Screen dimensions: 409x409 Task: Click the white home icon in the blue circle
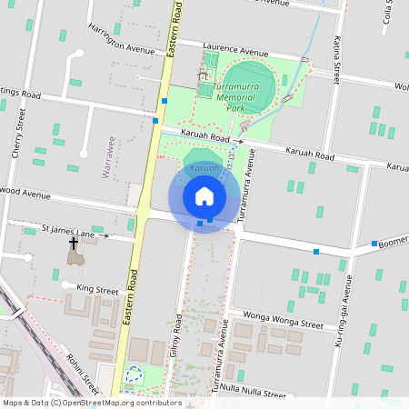click(204, 195)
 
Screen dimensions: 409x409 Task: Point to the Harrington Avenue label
click(122, 39)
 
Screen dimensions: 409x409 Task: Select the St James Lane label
click(68, 234)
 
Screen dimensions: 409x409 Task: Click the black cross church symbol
click(73, 245)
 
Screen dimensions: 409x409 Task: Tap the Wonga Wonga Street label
click(283, 322)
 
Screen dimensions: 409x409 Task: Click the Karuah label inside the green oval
click(204, 168)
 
